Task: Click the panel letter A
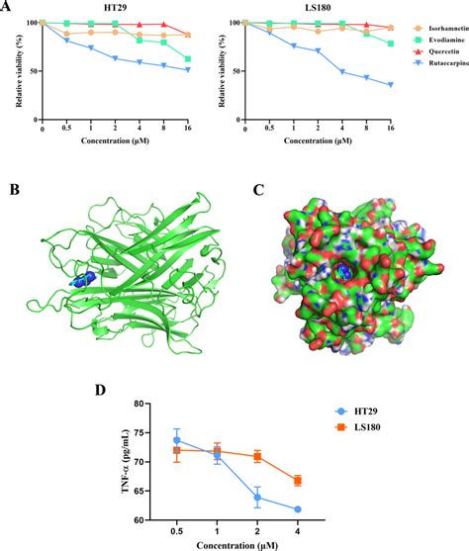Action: pos(8,7)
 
